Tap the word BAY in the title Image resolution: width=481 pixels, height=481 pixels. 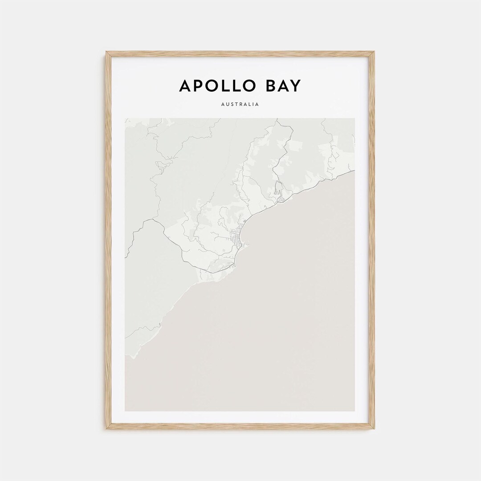283,86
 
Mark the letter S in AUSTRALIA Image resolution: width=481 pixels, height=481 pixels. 232,105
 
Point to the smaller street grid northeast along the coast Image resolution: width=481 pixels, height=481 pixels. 282,199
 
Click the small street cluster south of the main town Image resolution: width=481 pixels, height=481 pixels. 232,266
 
